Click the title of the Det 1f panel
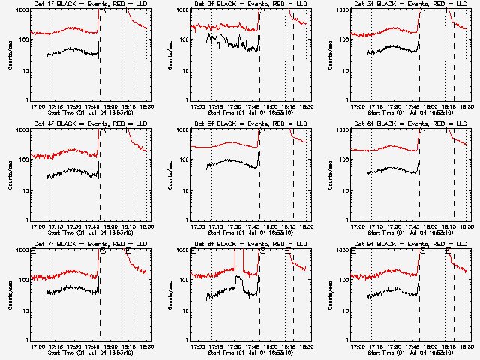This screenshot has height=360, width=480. (x=88, y=4)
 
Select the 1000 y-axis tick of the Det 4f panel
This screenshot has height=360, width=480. (x=23, y=130)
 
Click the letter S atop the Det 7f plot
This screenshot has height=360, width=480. (x=102, y=251)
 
